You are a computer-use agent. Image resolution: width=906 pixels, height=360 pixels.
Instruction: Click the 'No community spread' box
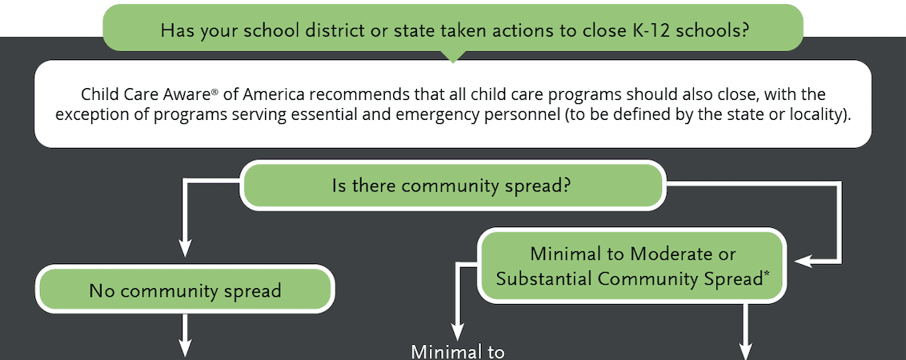185,290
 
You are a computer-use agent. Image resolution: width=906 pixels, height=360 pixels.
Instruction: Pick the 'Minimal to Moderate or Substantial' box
631,266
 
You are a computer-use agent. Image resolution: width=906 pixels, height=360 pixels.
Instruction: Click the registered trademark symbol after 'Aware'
218,91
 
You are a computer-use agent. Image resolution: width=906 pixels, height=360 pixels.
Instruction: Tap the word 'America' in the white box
271,94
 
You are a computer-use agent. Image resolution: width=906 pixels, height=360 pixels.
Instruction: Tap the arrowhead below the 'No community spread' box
185,349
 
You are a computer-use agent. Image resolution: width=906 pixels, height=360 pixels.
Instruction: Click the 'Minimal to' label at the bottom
458,352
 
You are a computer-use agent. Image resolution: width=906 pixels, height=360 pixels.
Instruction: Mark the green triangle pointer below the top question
452,56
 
